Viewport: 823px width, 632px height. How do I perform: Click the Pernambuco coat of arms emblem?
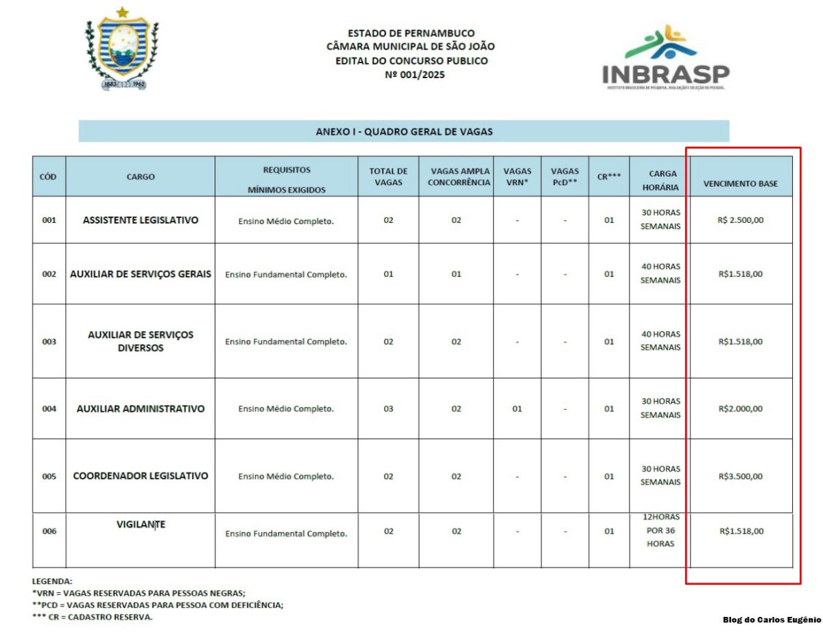click(x=121, y=49)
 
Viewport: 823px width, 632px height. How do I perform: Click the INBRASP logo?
click(x=665, y=58)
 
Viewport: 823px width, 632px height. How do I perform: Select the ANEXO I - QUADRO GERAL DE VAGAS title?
click(x=404, y=131)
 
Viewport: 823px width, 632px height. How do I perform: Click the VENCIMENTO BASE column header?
click(x=741, y=184)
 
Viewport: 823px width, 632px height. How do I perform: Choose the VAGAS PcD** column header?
click(x=564, y=177)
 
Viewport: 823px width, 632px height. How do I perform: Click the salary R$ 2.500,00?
click(x=741, y=220)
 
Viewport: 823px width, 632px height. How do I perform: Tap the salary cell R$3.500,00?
click(x=741, y=476)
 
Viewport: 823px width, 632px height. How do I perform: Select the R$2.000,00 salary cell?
click(x=741, y=409)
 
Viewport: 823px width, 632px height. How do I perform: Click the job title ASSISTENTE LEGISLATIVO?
click(x=141, y=220)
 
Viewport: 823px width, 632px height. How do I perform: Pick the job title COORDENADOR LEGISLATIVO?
click(x=141, y=476)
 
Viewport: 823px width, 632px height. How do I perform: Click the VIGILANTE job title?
click(x=141, y=524)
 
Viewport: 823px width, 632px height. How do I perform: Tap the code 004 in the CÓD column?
click(x=49, y=409)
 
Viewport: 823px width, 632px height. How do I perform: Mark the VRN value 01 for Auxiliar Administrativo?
click(x=517, y=409)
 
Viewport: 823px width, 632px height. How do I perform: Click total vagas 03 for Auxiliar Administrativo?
click(x=388, y=409)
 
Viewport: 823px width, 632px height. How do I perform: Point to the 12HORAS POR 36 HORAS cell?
click(x=660, y=531)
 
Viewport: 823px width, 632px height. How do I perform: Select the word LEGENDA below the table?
click(x=52, y=581)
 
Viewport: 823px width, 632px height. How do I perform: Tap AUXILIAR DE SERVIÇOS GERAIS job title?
click(x=141, y=274)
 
